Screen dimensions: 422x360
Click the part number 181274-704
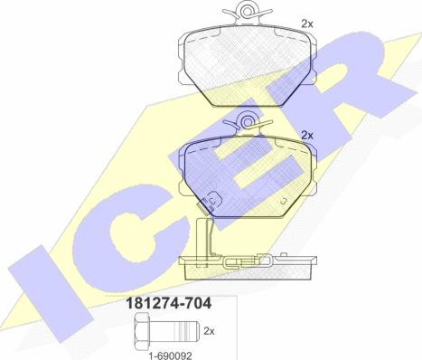click(x=169, y=303)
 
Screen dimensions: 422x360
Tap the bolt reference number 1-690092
click(x=170, y=356)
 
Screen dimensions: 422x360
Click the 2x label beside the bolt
click(x=209, y=331)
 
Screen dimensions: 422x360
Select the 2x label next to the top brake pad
click(x=307, y=24)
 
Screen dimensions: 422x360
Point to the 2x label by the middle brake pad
click(x=307, y=136)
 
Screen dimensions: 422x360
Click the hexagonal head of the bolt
click(x=143, y=331)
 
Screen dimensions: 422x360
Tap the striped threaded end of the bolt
click(x=187, y=331)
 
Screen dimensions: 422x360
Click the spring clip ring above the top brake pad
click(x=248, y=12)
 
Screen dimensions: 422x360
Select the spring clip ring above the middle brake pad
click(x=248, y=122)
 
